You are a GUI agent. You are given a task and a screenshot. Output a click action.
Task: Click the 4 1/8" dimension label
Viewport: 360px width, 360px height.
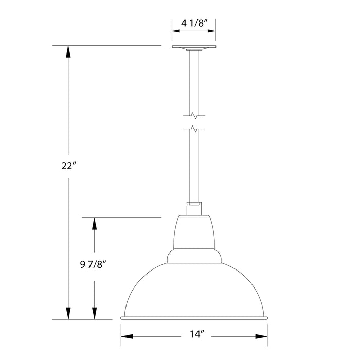(193, 23)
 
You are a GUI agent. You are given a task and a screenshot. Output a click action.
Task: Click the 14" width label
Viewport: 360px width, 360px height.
(194, 337)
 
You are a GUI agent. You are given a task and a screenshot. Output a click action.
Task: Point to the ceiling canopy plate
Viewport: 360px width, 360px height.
(193, 48)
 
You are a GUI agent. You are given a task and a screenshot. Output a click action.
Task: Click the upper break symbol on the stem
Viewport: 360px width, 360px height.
(194, 114)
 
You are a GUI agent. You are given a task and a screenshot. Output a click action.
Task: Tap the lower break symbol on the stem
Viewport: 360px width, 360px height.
(194, 129)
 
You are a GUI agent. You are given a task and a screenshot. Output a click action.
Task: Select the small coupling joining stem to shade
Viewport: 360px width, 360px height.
(194, 203)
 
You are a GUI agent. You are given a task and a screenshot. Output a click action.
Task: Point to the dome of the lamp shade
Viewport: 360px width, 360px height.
(194, 288)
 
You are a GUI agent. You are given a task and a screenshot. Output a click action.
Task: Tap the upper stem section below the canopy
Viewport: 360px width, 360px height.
(194, 82)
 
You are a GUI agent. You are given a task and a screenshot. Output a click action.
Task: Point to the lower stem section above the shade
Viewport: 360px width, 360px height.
(194, 165)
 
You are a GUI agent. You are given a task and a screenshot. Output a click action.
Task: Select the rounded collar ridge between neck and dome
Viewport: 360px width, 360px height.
(194, 256)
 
